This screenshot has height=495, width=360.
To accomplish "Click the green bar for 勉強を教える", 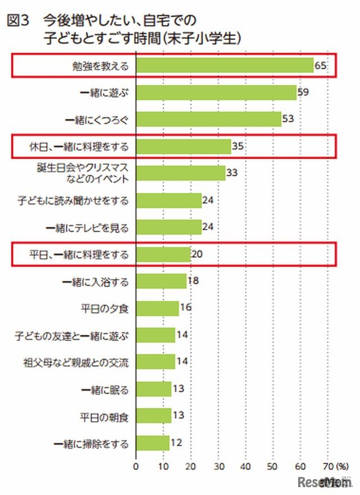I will pos(224,66).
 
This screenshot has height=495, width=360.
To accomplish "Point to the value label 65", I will pos(321,66).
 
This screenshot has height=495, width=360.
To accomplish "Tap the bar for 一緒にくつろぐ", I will pos(208,119).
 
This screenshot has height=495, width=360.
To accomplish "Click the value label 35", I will pos(238,147).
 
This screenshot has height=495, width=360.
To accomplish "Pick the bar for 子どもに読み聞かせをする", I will pos(169,200).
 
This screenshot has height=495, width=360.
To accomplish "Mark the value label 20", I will pos(197,255).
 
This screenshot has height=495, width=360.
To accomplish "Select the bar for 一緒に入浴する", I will pos(161,281).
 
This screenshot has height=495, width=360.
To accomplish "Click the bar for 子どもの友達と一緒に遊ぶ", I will pos(155,335).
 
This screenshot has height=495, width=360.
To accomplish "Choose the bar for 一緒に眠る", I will pos(154,389).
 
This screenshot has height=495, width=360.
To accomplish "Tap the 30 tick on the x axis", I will pos(218,466).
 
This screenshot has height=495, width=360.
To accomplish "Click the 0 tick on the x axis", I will pos(136,466).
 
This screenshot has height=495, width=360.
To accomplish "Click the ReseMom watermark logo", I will pos(325,483).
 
